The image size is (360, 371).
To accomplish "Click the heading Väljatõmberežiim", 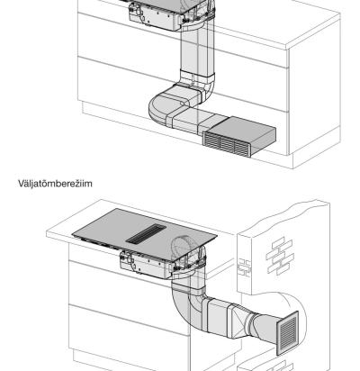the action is click(55, 184).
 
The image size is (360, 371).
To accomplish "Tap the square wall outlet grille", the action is click(287, 333).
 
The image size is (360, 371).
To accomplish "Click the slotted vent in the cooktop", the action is click(146, 233).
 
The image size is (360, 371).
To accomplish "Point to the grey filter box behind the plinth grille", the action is click(244, 131).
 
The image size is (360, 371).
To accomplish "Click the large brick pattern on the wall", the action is click(280, 256).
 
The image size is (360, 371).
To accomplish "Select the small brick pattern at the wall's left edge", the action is click(244, 267).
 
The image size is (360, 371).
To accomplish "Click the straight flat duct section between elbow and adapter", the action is click(217, 315).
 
